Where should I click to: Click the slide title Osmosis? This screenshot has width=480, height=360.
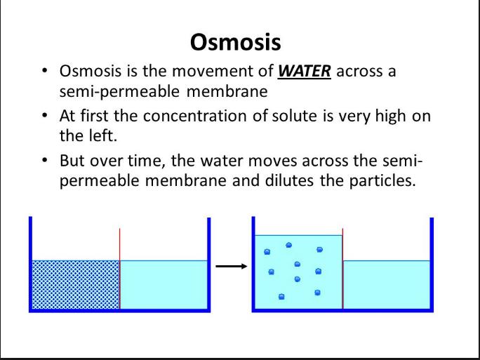point(236,42)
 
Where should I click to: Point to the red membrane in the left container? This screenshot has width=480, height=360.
point(120,270)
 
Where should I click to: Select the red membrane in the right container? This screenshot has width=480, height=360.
point(342,270)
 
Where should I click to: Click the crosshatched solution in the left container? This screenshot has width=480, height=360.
point(76,284)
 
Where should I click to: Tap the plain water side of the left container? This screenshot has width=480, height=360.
point(163,284)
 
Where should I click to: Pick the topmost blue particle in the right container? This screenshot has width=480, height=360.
point(289,245)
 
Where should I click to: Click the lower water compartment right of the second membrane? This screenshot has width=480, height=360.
point(386,284)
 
